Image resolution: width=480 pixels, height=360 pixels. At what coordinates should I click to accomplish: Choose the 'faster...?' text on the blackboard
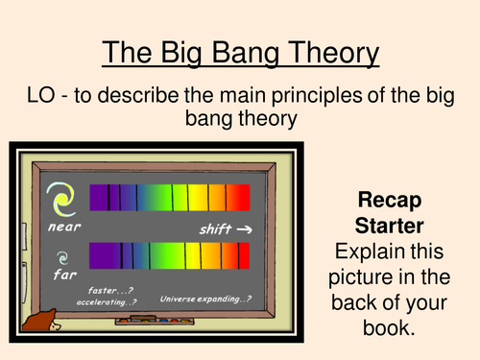[x=108, y=291]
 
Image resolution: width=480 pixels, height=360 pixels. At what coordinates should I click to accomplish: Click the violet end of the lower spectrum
[x=95, y=257]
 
